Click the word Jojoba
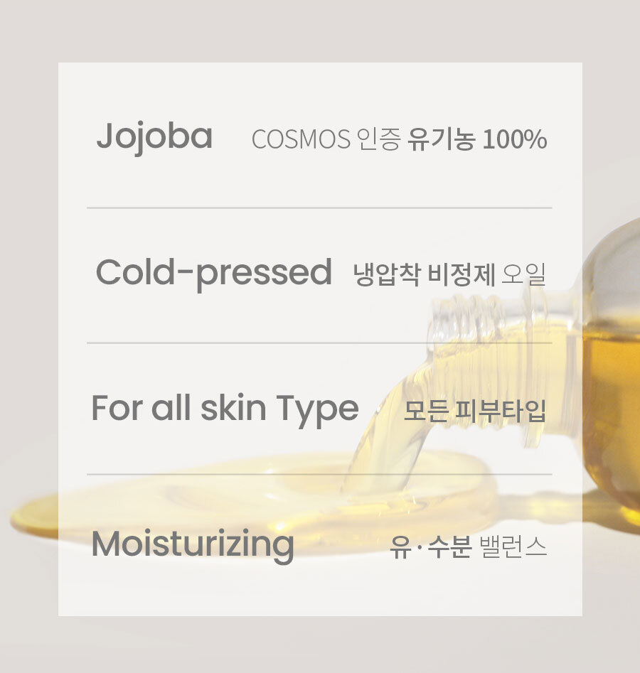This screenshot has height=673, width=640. pos(154,137)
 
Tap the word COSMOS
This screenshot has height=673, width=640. pos(301,139)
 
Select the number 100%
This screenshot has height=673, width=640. pos(515,139)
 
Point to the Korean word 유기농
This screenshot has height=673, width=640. pos(441,139)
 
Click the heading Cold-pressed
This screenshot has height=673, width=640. pos(214,274)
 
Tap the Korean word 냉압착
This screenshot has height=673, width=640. pos(387,274)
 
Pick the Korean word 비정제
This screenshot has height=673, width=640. pos(462,274)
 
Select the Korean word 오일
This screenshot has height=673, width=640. pos(523,274)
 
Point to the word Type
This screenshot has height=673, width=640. pos(317,410)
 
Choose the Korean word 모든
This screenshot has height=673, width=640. pos(425,411)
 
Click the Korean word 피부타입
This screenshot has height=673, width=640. pos(501,411)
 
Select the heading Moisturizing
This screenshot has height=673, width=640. pos(193,546)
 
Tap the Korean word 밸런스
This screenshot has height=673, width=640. pos(513,547)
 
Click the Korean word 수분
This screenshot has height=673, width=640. pos(449,547)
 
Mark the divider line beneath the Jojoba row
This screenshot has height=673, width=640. pos(319,208)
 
